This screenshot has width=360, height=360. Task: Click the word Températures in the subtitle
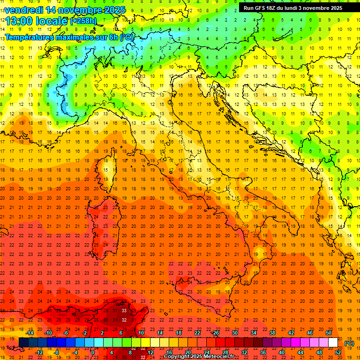29,37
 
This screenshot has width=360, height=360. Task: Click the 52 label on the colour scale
338,352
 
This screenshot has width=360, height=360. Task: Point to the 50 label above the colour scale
329,332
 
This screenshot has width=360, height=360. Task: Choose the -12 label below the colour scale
39,352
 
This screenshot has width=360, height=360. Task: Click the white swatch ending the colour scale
333,343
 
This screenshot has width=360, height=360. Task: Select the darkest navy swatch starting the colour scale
23,343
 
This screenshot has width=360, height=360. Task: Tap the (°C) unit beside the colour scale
349,343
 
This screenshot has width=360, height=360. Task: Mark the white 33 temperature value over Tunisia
124,310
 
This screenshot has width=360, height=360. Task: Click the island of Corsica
108,172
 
